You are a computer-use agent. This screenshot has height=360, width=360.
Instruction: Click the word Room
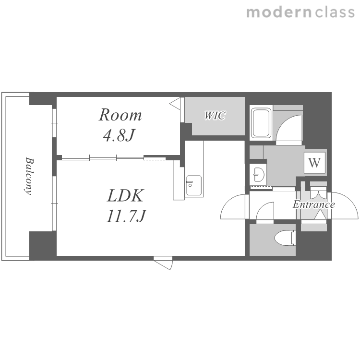(x=120, y=115)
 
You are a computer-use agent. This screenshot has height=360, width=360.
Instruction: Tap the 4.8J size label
(x=119, y=135)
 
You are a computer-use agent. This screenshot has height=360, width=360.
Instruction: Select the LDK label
(x=126, y=195)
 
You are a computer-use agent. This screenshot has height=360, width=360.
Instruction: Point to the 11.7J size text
(x=126, y=216)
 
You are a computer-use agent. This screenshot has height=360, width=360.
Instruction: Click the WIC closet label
(x=215, y=115)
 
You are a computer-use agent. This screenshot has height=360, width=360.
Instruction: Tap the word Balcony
(x=29, y=176)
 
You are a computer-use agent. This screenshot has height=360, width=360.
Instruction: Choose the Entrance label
(x=313, y=204)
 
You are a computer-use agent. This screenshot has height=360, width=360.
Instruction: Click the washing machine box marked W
(x=314, y=162)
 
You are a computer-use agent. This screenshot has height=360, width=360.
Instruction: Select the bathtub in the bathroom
(x=261, y=123)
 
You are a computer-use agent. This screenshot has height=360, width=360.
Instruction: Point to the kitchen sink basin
(x=194, y=185)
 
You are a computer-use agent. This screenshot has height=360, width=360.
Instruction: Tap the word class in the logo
(x=335, y=12)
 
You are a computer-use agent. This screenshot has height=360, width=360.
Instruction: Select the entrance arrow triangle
(x=320, y=215)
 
